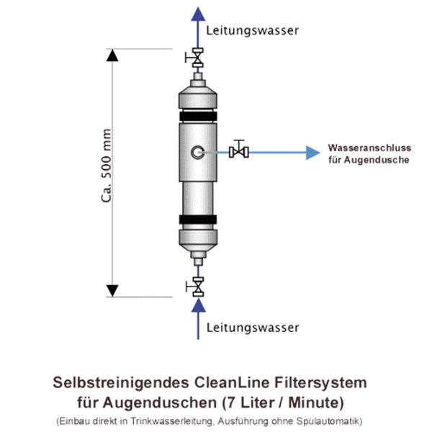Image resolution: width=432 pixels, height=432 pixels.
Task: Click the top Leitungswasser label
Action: (x=253, y=30)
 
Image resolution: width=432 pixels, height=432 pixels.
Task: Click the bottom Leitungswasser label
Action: (x=253, y=328)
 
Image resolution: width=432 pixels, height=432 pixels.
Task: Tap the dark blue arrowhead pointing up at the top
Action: (x=198, y=14)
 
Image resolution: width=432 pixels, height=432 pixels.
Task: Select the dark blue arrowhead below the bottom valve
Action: (x=198, y=305)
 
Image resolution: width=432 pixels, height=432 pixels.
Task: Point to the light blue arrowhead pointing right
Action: (x=313, y=153)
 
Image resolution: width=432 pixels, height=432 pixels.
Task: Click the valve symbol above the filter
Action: (x=195, y=58)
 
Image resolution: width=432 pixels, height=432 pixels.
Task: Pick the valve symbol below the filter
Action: (x=196, y=287)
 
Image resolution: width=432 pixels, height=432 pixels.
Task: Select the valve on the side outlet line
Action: (x=239, y=149)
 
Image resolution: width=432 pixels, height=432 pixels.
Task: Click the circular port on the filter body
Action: (x=197, y=153)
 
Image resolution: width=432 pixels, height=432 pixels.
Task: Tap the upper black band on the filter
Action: (x=198, y=116)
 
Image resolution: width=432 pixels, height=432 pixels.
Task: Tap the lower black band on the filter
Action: (x=198, y=220)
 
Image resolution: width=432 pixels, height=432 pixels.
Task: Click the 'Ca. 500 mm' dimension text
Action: (x=107, y=166)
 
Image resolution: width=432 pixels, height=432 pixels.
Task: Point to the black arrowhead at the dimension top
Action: (x=112, y=55)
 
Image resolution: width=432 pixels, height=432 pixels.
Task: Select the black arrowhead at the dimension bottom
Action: (x=112, y=291)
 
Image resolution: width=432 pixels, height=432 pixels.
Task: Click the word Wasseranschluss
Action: (x=369, y=148)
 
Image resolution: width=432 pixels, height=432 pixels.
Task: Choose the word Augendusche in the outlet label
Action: (x=377, y=160)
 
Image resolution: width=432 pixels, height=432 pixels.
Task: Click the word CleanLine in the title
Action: (x=232, y=382)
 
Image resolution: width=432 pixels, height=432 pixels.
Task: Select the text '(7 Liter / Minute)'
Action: (x=283, y=402)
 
